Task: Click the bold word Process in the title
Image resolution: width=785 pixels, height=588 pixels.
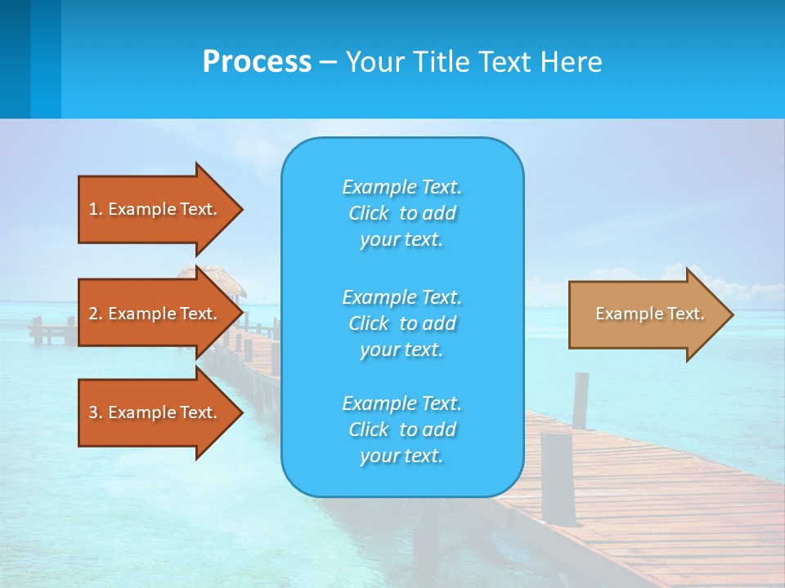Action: coord(257,62)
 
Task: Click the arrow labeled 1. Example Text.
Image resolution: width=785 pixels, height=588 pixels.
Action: coord(155,209)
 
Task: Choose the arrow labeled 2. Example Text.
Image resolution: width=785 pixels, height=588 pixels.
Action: coord(155,314)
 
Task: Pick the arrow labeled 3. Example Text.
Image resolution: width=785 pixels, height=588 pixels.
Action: coord(155,412)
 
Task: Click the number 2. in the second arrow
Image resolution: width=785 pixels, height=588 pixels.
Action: coord(96,314)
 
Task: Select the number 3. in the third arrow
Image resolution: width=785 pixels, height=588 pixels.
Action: coord(96,412)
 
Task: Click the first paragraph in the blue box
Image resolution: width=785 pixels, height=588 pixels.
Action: coord(401,213)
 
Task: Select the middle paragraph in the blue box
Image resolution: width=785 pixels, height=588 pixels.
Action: coord(401,323)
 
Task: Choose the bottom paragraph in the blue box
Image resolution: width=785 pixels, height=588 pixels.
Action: coord(401,430)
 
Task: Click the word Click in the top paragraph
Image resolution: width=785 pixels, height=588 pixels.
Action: coord(369,213)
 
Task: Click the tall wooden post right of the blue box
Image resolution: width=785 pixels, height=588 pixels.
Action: coord(581,400)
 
